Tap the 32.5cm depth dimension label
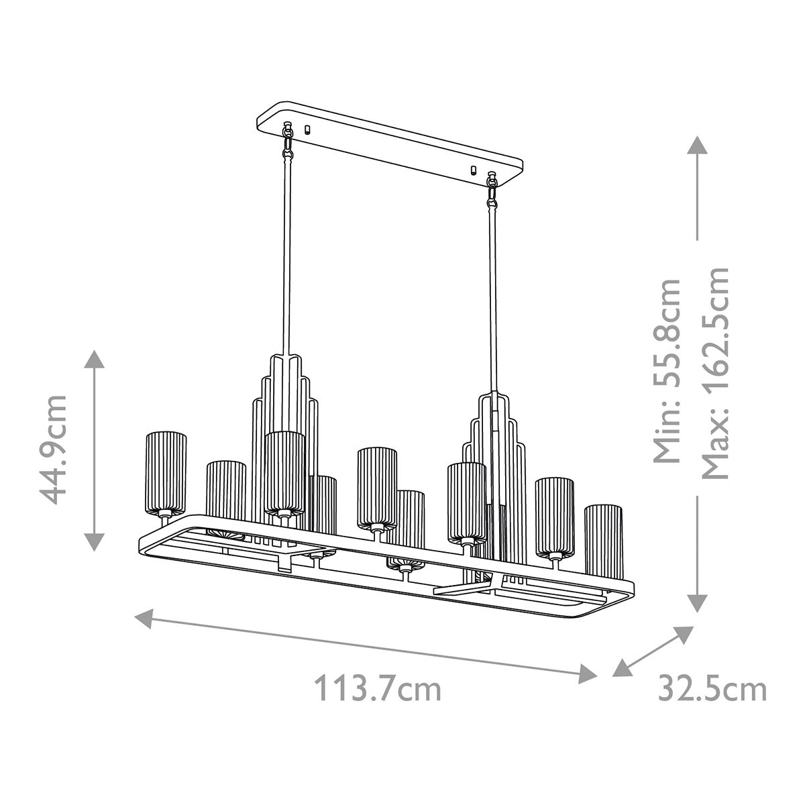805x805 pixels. (x=712, y=689)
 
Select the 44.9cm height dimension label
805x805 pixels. (x=54, y=449)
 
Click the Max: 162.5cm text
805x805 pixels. (x=714, y=372)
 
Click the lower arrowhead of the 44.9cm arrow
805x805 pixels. (x=95, y=541)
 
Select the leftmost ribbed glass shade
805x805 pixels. (x=166, y=474)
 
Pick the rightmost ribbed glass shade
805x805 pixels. (x=603, y=538)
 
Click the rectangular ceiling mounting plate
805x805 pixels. (x=389, y=144)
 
